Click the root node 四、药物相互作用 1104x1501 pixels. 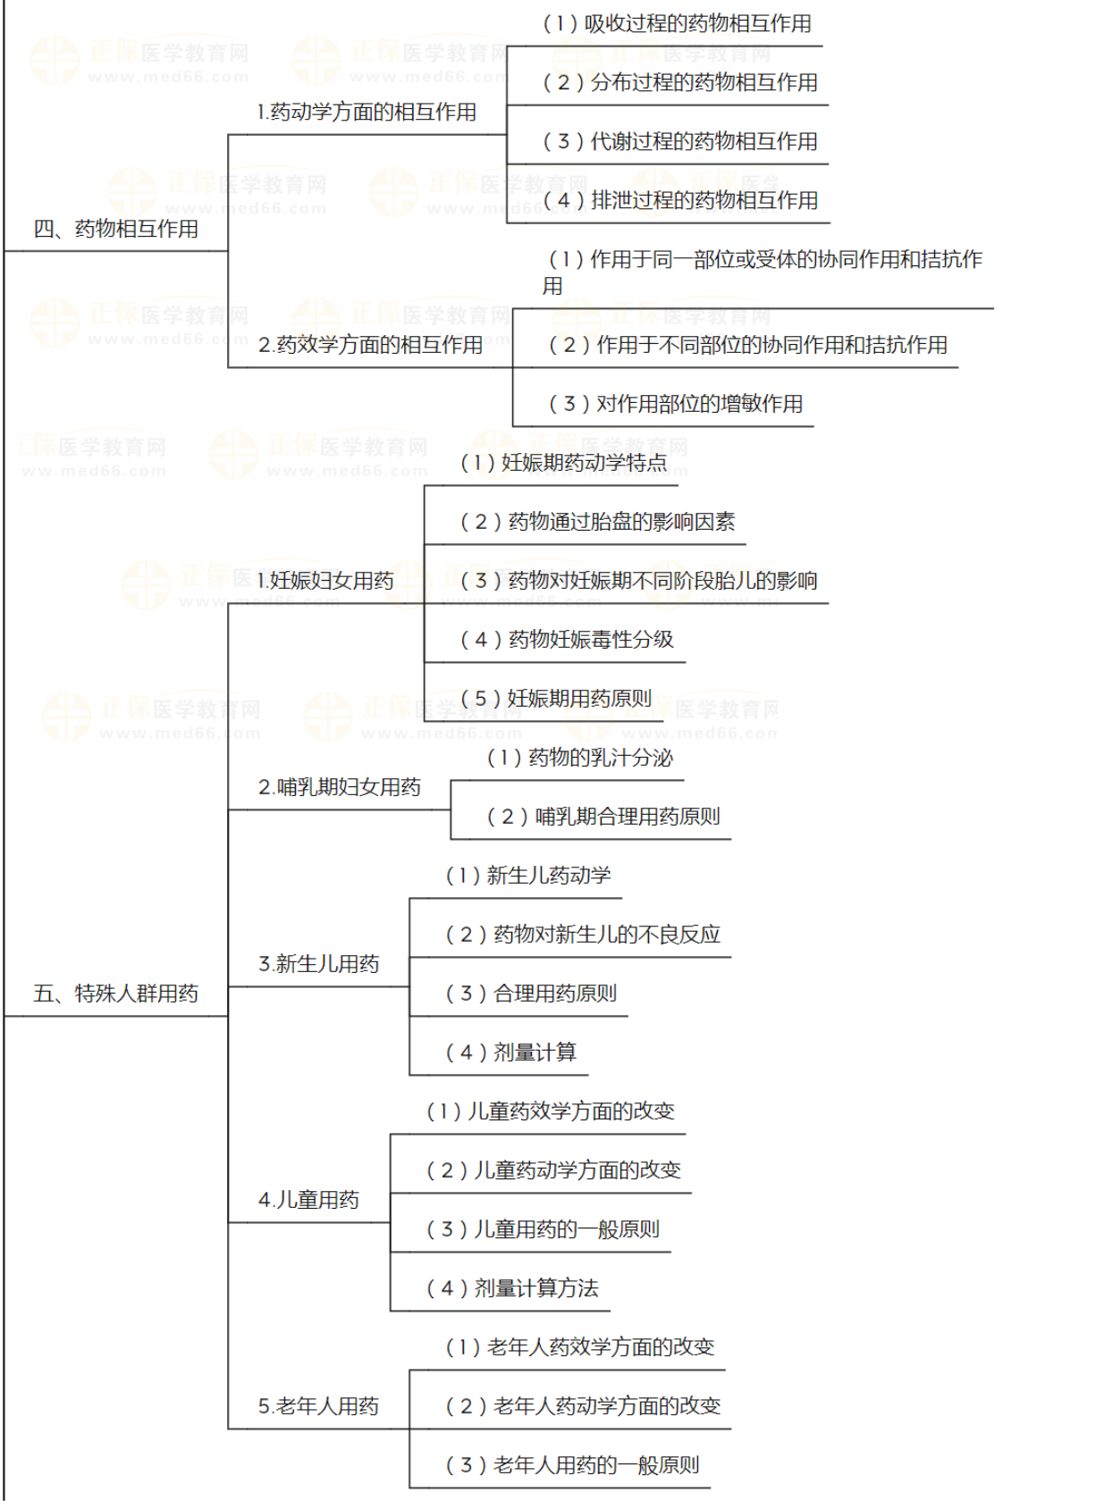[115, 230]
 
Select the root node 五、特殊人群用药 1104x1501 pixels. [115, 994]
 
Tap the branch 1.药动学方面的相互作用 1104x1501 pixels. [367, 113]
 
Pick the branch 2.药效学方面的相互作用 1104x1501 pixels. [370, 345]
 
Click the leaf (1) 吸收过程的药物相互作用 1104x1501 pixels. [677, 24]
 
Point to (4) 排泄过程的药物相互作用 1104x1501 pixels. [680, 201]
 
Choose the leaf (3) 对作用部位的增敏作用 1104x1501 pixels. [675, 404]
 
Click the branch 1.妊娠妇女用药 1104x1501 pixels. [325, 581]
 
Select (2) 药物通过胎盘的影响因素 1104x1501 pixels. [597, 522]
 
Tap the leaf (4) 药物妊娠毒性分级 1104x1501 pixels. [567, 640]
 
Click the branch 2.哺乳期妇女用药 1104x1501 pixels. [339, 787]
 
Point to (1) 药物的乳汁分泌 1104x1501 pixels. [579, 758]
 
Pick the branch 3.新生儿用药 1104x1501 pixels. [318, 964]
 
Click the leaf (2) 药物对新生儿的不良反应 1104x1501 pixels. [583, 935]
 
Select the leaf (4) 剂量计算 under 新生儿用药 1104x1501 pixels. [511, 1052]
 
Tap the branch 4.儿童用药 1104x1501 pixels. [308, 1200]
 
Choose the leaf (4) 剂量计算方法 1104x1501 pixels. [512, 1288]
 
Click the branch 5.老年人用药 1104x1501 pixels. [318, 1406]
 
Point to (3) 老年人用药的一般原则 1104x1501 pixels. [572, 1465]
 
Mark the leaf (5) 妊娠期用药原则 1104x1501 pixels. [555, 699]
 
